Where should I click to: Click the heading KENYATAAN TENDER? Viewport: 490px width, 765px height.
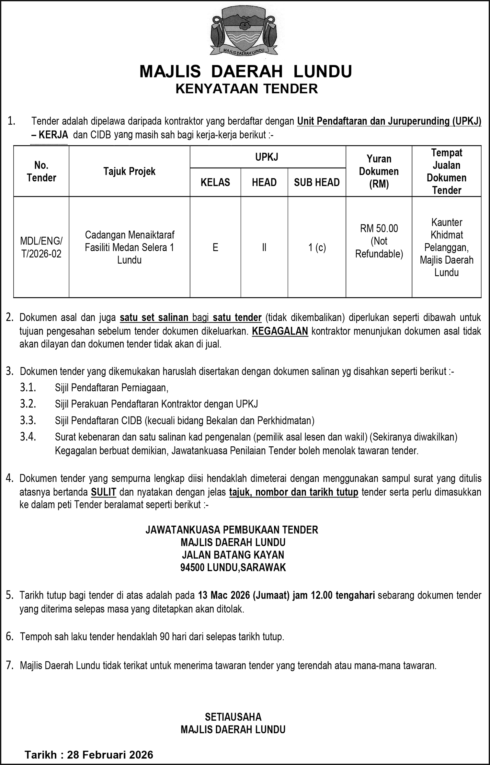point(246,89)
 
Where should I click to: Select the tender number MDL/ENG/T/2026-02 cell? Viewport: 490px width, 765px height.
point(41,247)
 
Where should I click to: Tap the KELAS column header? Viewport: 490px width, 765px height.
point(215,182)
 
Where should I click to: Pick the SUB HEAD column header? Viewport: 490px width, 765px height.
point(316,182)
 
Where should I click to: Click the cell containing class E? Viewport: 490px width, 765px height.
point(215,247)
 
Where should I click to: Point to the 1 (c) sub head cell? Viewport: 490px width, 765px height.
point(317,247)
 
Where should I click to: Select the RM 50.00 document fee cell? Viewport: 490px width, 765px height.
point(379,241)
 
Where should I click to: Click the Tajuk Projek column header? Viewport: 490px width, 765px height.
point(129,171)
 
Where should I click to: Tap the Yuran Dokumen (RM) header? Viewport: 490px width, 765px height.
point(379,171)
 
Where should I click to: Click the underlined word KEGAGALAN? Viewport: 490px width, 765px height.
point(280,331)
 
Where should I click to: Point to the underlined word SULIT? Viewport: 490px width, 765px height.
point(103,492)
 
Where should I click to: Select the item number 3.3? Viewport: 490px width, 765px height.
point(28,420)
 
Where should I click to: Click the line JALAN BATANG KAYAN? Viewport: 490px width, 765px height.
point(233,555)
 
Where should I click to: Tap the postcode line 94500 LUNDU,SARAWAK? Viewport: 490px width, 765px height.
point(233,567)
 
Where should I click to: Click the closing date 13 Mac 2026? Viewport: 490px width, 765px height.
point(223,595)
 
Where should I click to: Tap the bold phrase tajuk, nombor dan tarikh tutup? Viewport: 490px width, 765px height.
point(293,492)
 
